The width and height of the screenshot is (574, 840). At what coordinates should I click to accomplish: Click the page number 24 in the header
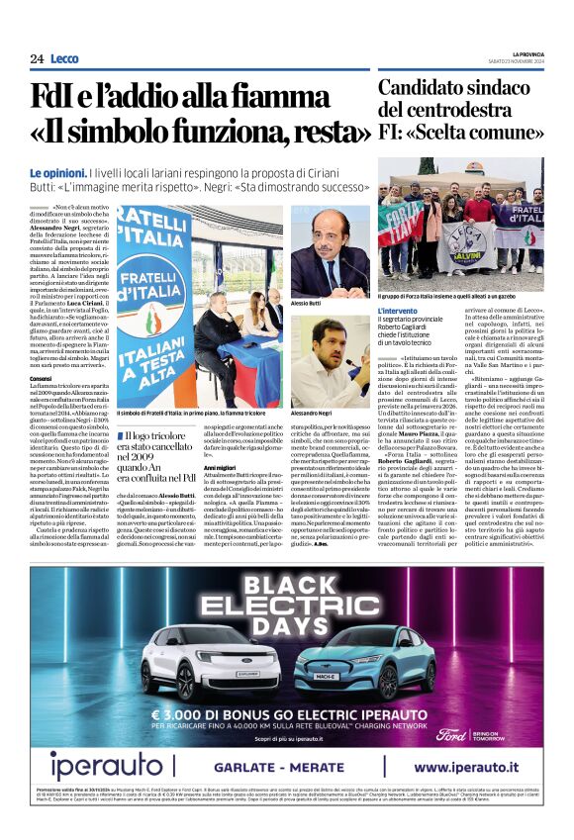coord(37,59)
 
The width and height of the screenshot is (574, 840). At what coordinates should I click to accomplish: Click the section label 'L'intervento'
coord(403,312)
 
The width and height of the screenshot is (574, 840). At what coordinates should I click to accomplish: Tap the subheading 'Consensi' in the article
coord(41,379)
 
